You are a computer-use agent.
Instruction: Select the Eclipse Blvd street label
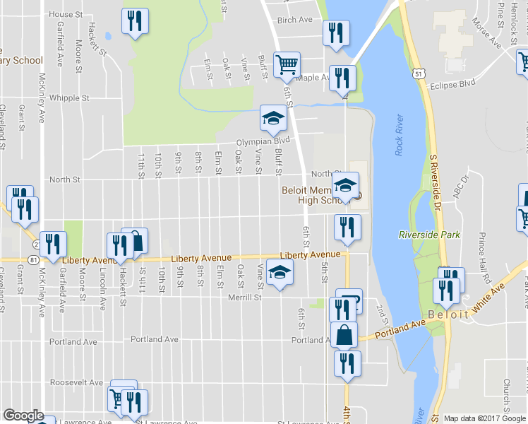pos(453,85)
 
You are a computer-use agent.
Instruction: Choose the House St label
pos(66,14)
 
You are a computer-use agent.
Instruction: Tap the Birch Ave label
pos(295,20)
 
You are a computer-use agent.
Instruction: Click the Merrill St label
pos(245,298)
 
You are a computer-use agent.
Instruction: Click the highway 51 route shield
pos(419,73)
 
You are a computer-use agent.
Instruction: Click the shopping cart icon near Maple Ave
pos(287,64)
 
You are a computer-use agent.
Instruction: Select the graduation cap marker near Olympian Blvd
pos(273,117)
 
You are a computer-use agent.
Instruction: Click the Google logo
pos(23,416)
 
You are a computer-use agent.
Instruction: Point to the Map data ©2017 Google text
pos(483,418)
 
